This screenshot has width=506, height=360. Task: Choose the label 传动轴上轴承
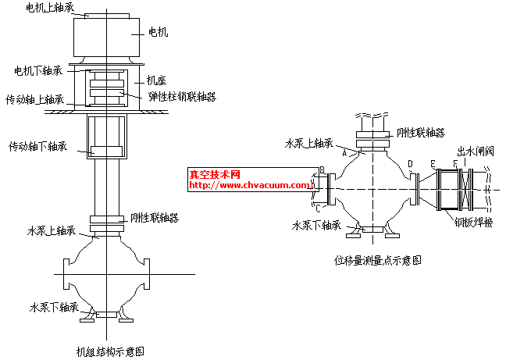pos(35,100)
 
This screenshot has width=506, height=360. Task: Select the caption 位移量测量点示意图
pos(378,260)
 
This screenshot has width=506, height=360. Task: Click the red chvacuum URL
pos(250,186)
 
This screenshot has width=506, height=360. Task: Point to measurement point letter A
pos(344,154)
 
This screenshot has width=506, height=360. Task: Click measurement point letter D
pos(411,163)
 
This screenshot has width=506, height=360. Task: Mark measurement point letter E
pos(432,163)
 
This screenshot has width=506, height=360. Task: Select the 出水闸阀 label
pos(476,151)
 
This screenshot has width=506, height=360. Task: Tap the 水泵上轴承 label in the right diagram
pos(309,144)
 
